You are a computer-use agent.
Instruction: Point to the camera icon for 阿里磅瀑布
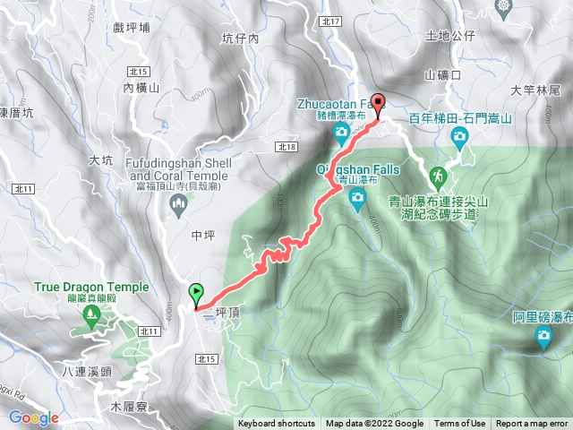tap(543, 337)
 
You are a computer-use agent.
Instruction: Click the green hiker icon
tap(440, 176)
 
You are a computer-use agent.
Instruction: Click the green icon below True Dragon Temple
tap(91, 314)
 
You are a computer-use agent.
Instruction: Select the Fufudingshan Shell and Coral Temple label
tap(178, 168)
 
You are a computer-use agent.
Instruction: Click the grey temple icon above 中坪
tap(178, 207)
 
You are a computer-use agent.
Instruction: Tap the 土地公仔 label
tap(450, 37)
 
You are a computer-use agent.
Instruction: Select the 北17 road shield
tap(355, 21)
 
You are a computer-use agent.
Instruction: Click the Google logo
tap(33, 417)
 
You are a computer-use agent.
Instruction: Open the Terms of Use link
tap(459, 424)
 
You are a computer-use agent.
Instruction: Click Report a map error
tap(532, 424)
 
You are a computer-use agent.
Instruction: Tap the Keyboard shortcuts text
tap(276, 424)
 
